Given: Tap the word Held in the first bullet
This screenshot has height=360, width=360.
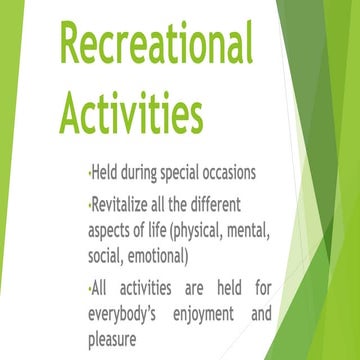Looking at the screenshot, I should pos(105,172).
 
